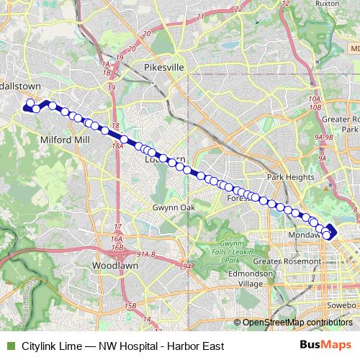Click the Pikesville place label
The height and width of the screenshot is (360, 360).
point(165,67)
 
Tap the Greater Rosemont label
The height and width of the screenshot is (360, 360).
point(286,260)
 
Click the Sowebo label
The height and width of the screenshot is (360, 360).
point(343,306)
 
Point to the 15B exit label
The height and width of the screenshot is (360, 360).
point(130,307)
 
